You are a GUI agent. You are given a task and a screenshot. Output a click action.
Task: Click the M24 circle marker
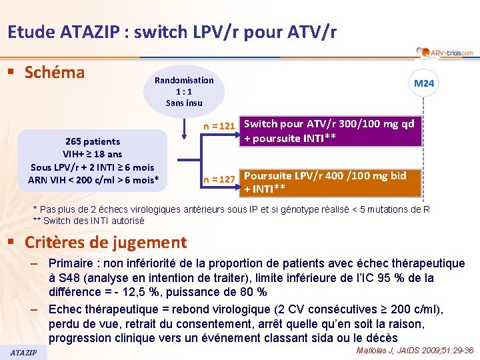tap(424, 84)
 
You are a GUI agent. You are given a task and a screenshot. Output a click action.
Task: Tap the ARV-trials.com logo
tap(443, 53)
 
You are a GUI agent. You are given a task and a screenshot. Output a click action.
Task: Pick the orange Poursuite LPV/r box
tap(331, 183)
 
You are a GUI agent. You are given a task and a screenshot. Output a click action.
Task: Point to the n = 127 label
tap(219, 179)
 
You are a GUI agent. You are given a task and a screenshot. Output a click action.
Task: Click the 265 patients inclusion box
tap(93, 161)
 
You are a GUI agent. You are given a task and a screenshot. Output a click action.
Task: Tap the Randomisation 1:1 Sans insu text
tap(184, 91)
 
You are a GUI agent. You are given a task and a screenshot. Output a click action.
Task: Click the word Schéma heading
tap(55, 72)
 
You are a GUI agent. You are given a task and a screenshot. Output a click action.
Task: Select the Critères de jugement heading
tap(105, 242)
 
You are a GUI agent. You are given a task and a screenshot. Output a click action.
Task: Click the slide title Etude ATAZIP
tap(172, 31)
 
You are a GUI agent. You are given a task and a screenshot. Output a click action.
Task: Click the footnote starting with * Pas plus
tap(231, 209)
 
